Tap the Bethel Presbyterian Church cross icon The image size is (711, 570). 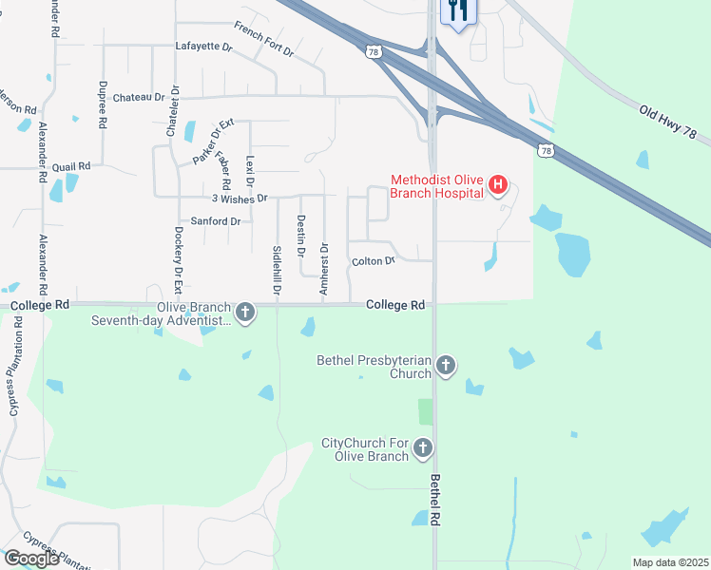446,366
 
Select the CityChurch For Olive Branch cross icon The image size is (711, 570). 422,447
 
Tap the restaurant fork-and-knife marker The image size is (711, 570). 458,11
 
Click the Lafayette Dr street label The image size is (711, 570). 203,46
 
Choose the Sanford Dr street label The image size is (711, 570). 216,221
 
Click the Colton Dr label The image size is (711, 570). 373,260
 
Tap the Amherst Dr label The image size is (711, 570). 324,269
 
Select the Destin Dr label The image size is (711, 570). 300,237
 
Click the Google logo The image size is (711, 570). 31,559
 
